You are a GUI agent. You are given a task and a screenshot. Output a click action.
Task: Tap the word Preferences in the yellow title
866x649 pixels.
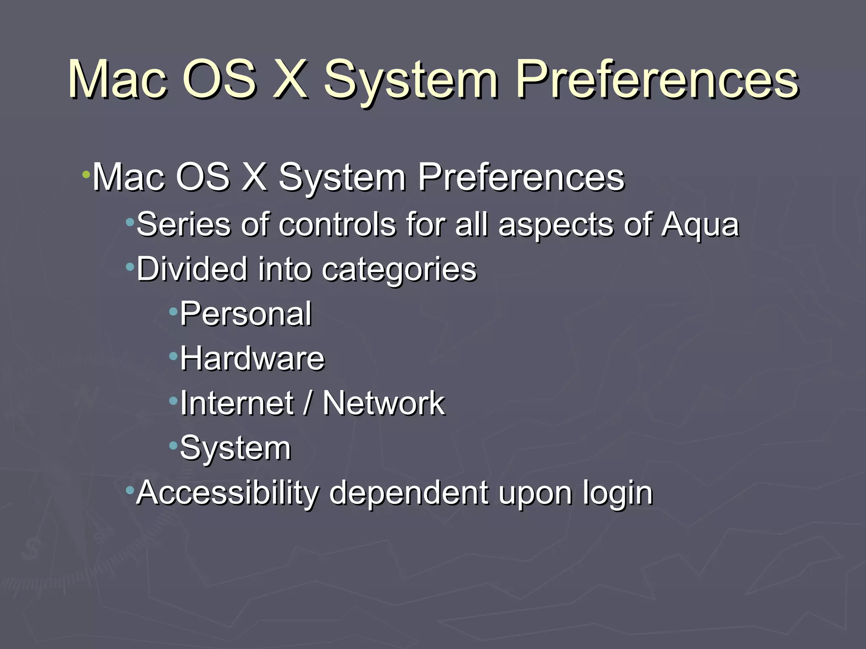[657, 79]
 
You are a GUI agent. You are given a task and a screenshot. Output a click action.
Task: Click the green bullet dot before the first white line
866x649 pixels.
[86, 175]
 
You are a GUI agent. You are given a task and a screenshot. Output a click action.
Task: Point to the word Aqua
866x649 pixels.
[700, 225]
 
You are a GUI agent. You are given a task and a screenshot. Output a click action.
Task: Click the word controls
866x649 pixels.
[337, 224]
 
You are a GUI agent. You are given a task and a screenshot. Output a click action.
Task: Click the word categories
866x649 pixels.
[399, 270]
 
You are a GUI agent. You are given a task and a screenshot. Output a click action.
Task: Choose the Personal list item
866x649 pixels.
[246, 314]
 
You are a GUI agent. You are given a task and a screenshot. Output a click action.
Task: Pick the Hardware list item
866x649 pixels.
[252, 359]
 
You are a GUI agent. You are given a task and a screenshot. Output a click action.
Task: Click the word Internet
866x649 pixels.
[237, 403]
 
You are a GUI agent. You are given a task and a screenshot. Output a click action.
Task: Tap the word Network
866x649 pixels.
[383, 403]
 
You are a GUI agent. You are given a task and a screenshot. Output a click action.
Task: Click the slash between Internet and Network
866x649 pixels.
[308, 403]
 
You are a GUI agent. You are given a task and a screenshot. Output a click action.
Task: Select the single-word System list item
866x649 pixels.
[236, 448]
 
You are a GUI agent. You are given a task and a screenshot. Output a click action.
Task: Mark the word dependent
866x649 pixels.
[408, 493]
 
